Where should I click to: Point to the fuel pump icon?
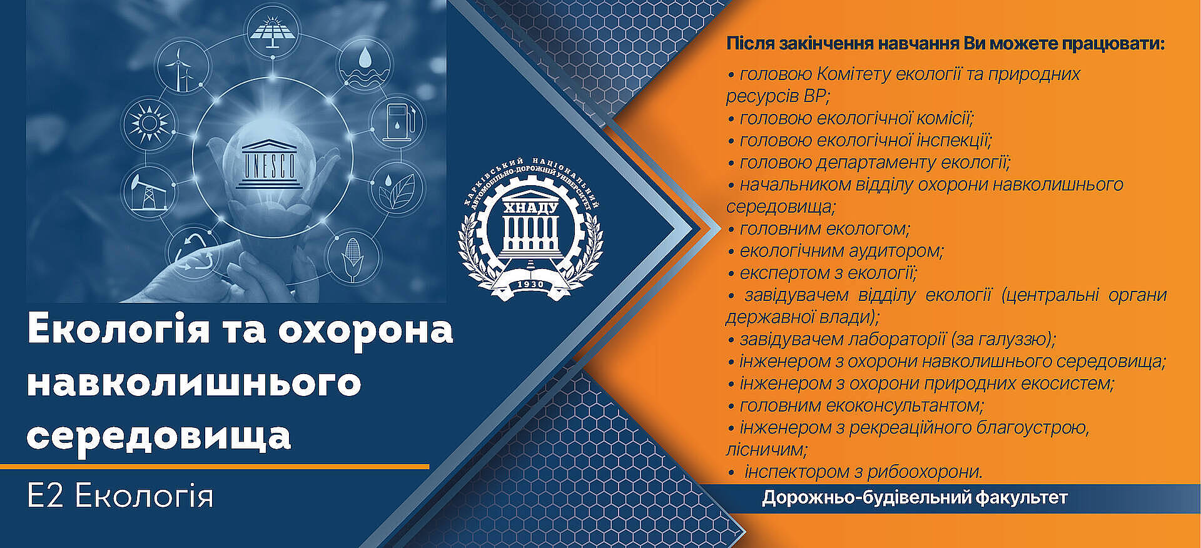(x=397, y=121)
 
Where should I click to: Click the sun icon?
(x=148, y=121)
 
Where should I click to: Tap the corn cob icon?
(x=353, y=258)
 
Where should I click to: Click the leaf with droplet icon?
(x=397, y=189)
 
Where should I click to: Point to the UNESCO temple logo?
(x=269, y=164)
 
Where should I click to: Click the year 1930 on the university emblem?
(x=531, y=285)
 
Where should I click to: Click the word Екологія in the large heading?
(x=118, y=330)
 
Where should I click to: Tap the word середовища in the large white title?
(x=159, y=435)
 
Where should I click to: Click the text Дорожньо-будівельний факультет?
(x=915, y=498)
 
